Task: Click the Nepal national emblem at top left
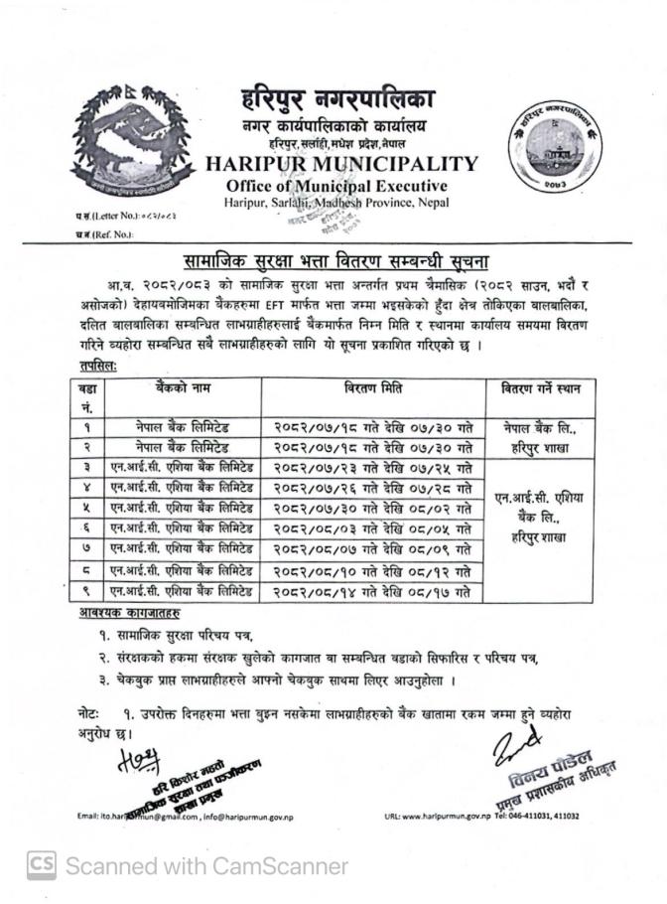pos(129,140)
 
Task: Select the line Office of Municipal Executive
pos(336,186)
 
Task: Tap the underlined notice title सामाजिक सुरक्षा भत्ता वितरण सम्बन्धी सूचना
pos(332,261)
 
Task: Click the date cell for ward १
pos(372,426)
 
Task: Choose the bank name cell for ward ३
pos(181,467)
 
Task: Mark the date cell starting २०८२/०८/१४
pos(372,592)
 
